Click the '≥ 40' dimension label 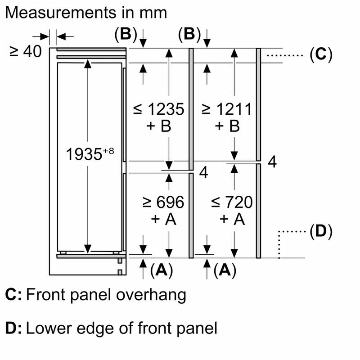coord(25,52)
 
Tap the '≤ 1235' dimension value coord(159,109)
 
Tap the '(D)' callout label coord(321,232)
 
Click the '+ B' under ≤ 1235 coord(160,126)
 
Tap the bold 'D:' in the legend coord(13,328)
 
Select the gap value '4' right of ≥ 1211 coord(272,162)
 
